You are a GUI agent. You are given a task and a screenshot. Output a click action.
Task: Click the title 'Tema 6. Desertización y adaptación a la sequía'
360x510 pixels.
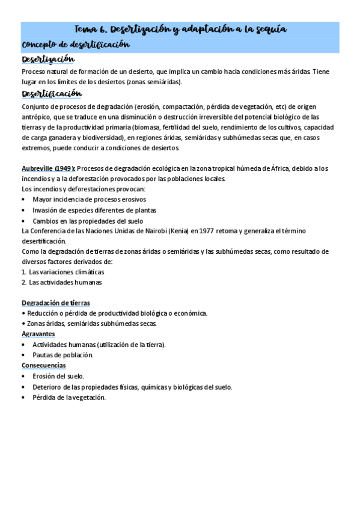[180, 29]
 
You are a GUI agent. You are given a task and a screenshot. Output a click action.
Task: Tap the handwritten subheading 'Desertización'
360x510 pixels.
[48, 59]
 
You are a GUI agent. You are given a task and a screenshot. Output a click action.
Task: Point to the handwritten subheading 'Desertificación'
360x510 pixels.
[52, 94]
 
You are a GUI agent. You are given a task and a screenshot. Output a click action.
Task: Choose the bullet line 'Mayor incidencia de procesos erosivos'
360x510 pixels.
[89, 200]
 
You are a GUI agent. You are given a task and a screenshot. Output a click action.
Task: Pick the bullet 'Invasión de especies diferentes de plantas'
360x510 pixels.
[94, 210]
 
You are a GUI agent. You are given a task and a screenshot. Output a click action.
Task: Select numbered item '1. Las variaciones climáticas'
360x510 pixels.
[63, 272]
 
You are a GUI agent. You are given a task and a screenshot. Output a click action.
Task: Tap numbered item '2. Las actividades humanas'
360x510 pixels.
[61, 282]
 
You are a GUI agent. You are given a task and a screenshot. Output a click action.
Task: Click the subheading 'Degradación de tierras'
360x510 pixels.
[56, 303]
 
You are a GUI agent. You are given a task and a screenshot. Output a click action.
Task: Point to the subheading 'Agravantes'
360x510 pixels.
[38, 334]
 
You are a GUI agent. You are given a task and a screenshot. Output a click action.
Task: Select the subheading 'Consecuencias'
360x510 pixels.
[44, 365]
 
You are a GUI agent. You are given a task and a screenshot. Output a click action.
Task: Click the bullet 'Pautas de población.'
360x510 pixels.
[63, 355]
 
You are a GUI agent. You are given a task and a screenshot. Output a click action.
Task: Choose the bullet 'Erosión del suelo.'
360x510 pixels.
[58, 376]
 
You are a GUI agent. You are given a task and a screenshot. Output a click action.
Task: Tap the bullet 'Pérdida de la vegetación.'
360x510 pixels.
[69, 397]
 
